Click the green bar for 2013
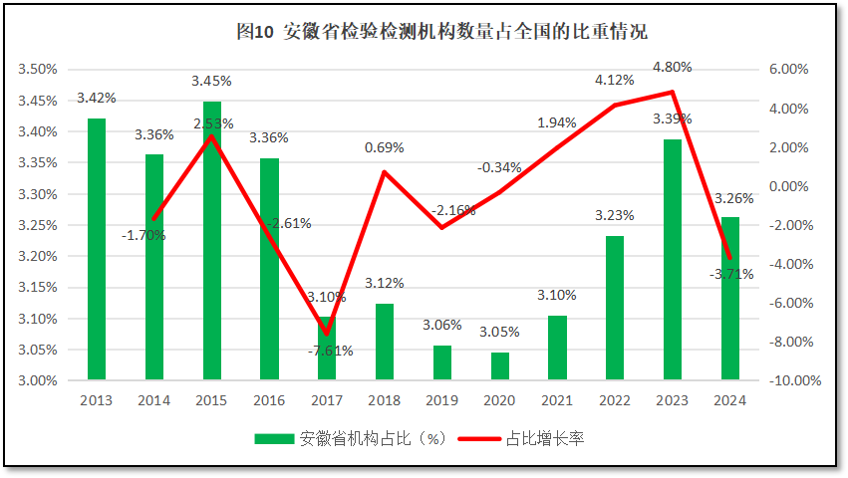(97, 249)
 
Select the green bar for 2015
(212, 240)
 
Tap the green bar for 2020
(500, 365)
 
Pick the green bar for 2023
(674, 259)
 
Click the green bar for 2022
(616, 308)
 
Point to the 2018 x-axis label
(385, 400)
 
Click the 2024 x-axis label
(730, 400)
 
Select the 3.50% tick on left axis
(37, 70)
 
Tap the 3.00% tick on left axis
(37, 381)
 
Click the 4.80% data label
(672, 67)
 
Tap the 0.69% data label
(385, 147)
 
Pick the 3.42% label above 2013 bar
(96, 98)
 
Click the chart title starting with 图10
(441, 32)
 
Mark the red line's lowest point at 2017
(326, 334)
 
